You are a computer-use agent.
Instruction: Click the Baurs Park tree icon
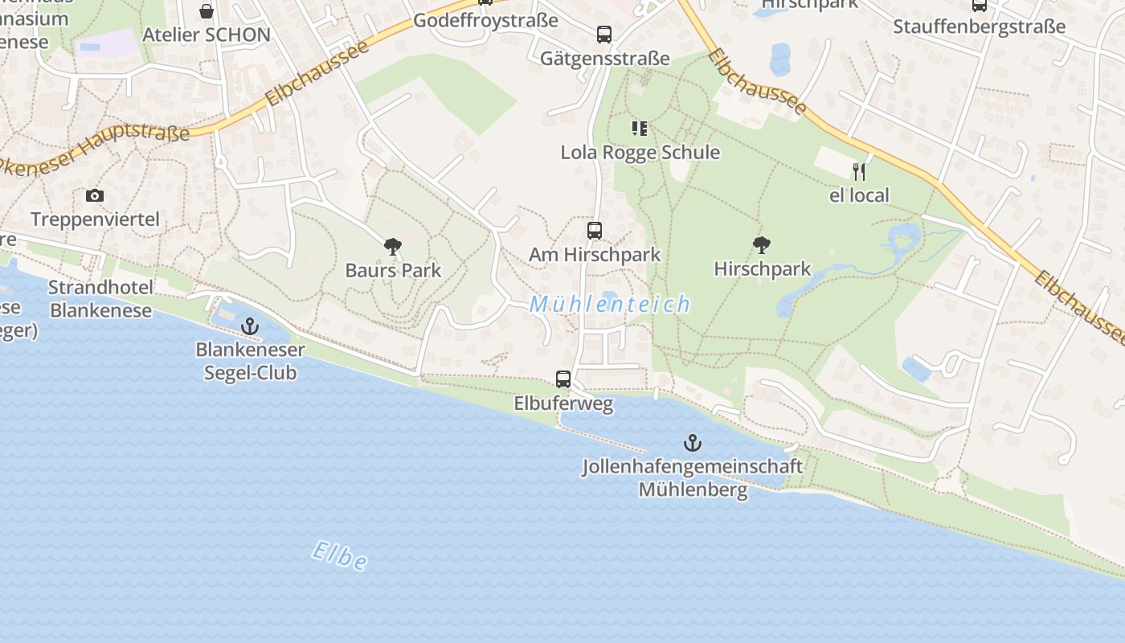click(393, 246)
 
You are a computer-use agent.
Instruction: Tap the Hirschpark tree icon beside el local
click(762, 244)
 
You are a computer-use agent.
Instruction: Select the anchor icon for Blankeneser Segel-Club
click(250, 326)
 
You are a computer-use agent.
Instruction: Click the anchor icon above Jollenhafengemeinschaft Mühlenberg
click(692, 442)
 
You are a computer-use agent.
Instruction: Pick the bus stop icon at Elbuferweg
click(563, 379)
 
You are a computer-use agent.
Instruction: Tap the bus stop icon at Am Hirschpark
click(595, 231)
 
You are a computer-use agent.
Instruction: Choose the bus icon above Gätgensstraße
click(604, 35)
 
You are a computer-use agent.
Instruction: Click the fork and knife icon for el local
click(859, 171)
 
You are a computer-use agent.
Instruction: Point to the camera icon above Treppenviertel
click(95, 195)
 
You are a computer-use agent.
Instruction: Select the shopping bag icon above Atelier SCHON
click(207, 11)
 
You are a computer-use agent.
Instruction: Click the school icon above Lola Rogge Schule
click(640, 129)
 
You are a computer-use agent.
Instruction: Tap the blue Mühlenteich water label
click(611, 304)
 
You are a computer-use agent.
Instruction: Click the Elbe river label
click(340, 555)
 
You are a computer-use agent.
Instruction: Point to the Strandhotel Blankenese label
click(100, 299)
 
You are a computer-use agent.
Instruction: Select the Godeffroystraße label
click(485, 21)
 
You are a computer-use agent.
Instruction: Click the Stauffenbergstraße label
click(979, 27)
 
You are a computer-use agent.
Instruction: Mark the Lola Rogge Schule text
click(640, 152)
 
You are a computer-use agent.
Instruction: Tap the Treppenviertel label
click(95, 219)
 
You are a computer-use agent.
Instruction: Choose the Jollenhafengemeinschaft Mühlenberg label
click(693, 477)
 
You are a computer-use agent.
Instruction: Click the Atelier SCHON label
click(207, 35)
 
